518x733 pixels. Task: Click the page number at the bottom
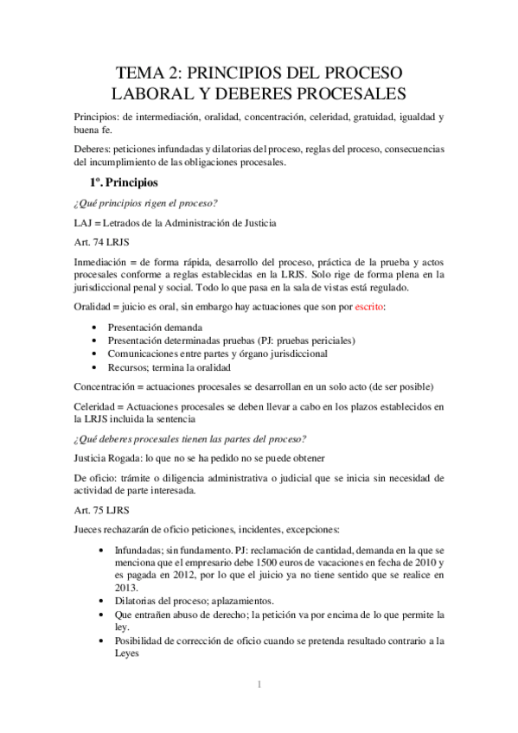[x=259, y=685]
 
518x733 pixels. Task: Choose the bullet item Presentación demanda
[x=156, y=328]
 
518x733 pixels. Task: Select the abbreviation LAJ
[x=84, y=224]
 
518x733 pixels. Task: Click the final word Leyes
[x=129, y=654]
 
